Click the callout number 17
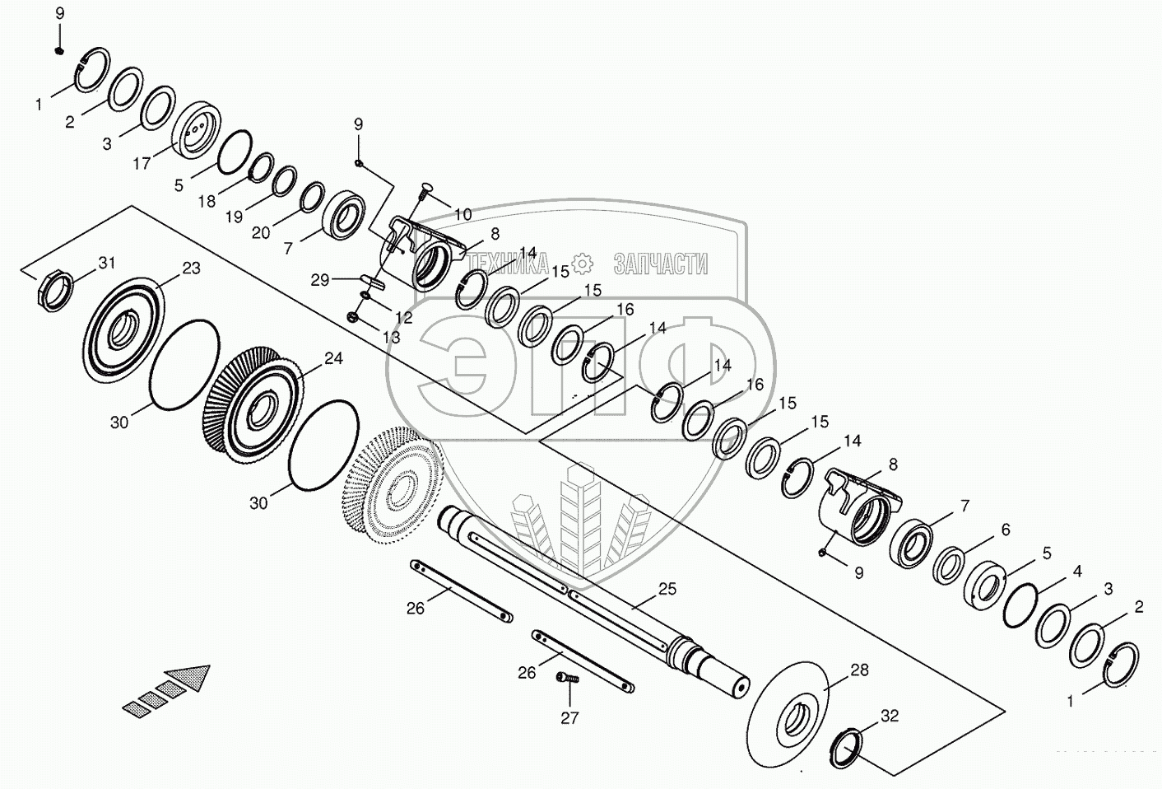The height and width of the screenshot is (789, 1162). [142, 163]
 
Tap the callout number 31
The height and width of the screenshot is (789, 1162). [107, 263]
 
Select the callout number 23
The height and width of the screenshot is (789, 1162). [191, 268]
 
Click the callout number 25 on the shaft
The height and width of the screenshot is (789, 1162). [667, 588]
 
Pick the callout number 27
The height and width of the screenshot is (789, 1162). [569, 717]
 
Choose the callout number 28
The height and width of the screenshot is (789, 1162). [859, 670]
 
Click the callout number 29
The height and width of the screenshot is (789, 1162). [320, 280]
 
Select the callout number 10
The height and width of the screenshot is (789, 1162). [462, 214]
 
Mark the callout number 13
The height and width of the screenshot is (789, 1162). [391, 337]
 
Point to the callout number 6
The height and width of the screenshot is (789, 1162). [1005, 530]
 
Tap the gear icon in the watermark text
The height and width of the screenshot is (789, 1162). [583, 264]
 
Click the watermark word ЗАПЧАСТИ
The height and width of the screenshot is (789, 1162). [660, 264]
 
